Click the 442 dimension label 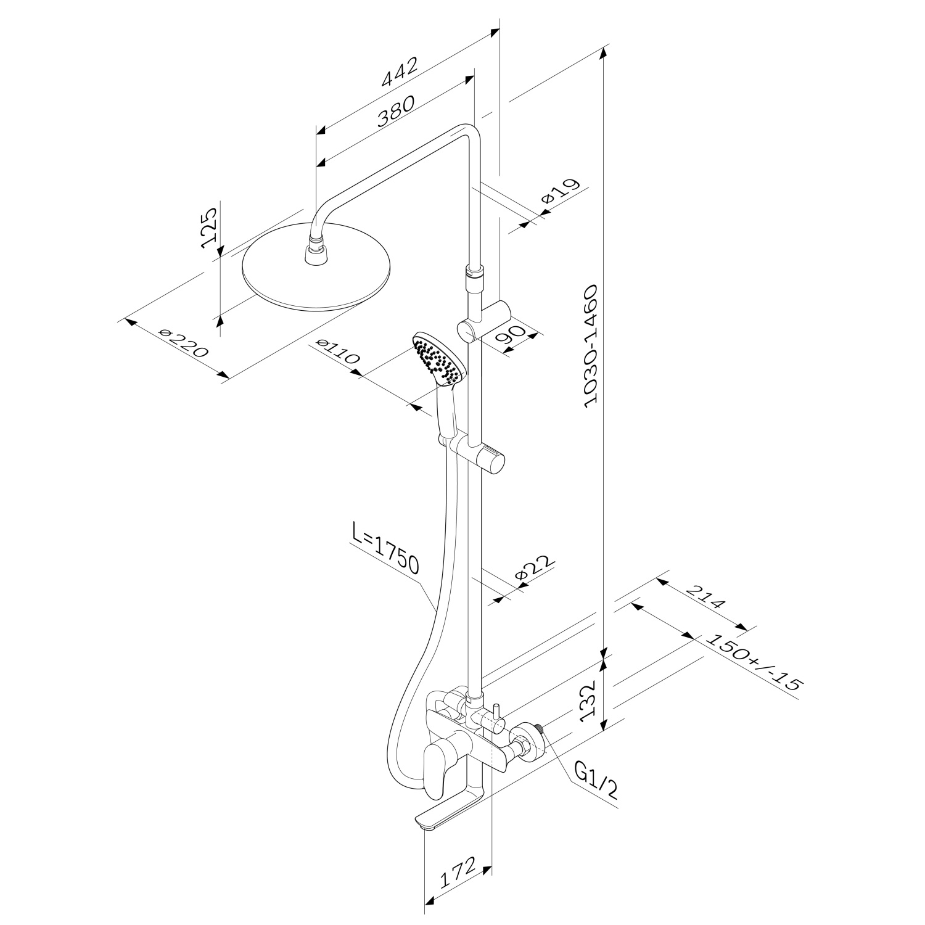pyautogui.click(x=400, y=72)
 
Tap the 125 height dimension pyautogui.click(x=210, y=227)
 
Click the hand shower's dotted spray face pyautogui.click(x=438, y=360)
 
